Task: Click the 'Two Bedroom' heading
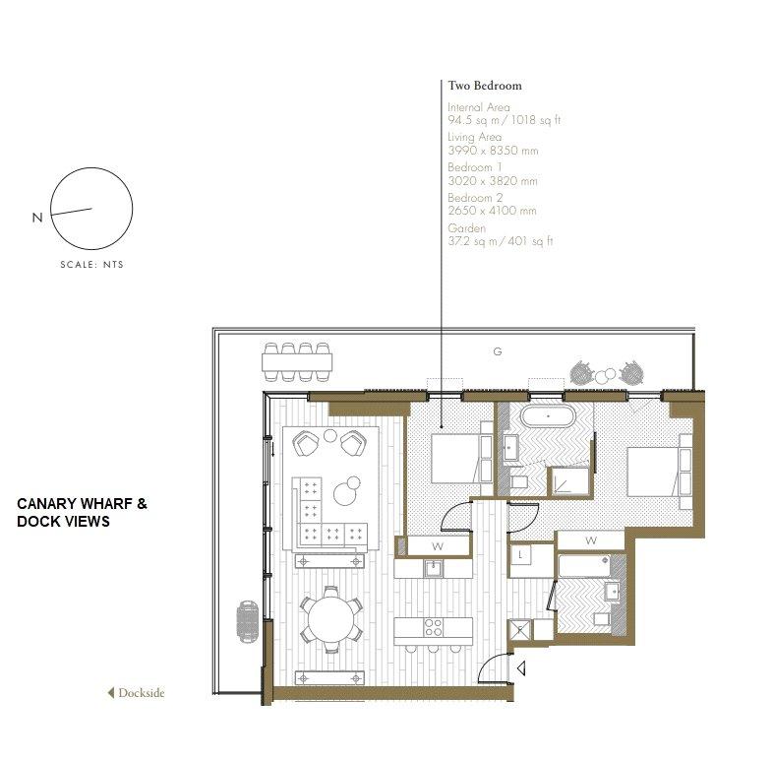pos(485,86)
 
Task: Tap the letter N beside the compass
pos(37,218)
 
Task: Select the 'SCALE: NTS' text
pos(91,265)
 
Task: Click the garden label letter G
pos(498,351)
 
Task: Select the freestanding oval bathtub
pos(548,417)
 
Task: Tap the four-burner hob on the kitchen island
pos(434,628)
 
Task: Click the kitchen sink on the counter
pos(434,568)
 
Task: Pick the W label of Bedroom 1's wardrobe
pos(438,546)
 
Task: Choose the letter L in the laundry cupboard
pos(520,554)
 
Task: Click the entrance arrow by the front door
pos(521,668)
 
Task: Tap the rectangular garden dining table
pos(297,362)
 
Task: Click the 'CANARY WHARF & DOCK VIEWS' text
pos(82,513)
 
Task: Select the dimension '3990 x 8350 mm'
pos(493,151)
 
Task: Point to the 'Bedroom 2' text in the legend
pos(475,198)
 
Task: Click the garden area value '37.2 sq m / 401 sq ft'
pos(501,241)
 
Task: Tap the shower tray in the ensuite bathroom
pos(570,480)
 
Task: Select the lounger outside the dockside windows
pos(248,622)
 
